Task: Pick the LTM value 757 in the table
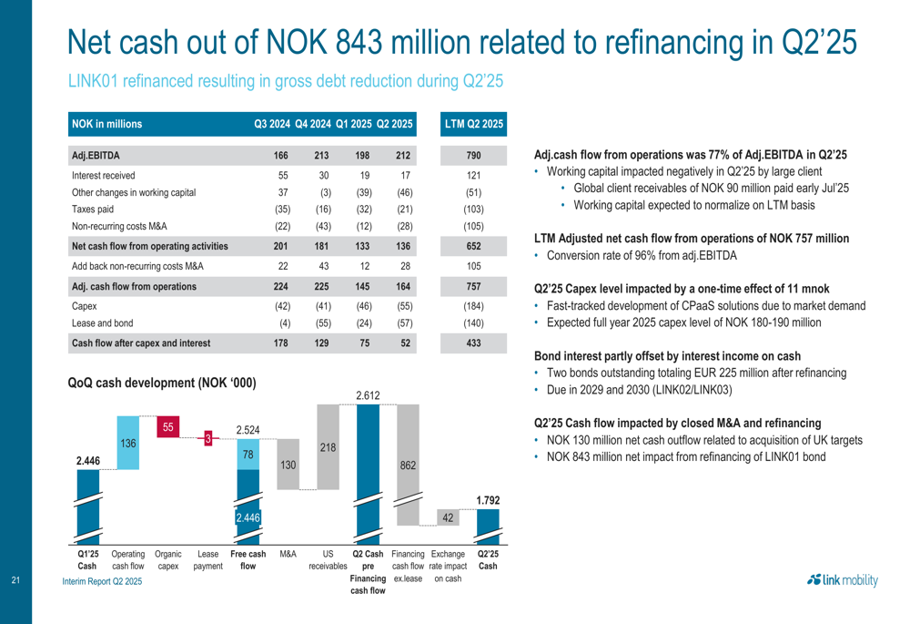pyautogui.click(x=472, y=286)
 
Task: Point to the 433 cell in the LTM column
pyautogui.click(x=472, y=343)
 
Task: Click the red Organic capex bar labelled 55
pyautogui.click(x=168, y=426)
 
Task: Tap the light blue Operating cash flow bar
pyautogui.click(x=128, y=443)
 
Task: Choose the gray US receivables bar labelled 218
pyautogui.click(x=328, y=447)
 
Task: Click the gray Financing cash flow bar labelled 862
pyautogui.click(x=409, y=465)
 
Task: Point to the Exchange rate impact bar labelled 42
pyautogui.click(x=448, y=517)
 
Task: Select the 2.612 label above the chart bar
pyautogui.click(x=369, y=394)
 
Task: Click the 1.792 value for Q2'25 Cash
pyautogui.click(x=488, y=499)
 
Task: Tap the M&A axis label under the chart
pyautogui.click(x=288, y=553)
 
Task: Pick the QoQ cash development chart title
pyautogui.click(x=162, y=384)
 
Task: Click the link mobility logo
pyautogui.click(x=838, y=579)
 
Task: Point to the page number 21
pyautogui.click(x=15, y=580)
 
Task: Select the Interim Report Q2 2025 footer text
pyautogui.click(x=103, y=580)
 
